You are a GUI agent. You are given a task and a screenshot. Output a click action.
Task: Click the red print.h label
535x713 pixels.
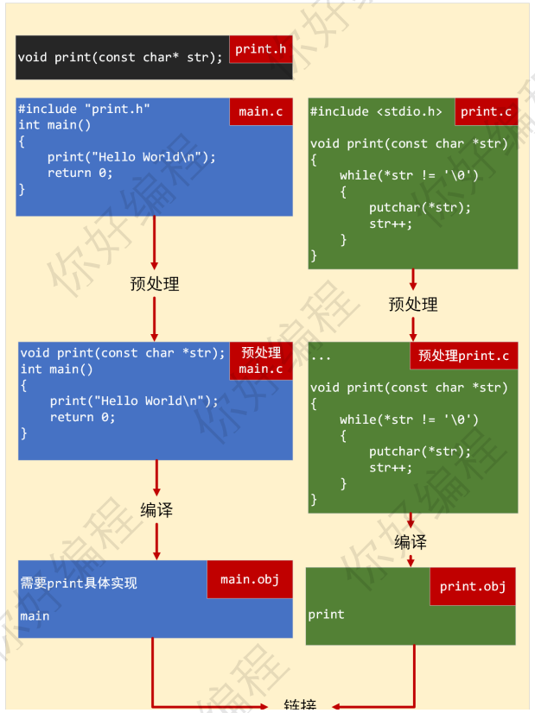point(260,49)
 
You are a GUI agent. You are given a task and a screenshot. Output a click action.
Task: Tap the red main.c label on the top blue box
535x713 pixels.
point(260,111)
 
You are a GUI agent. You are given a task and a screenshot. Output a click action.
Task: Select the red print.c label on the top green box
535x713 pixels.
point(486,111)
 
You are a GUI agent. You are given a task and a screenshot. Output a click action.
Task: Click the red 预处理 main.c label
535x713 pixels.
point(260,361)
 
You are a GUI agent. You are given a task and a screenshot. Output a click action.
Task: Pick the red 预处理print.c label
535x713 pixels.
point(463,356)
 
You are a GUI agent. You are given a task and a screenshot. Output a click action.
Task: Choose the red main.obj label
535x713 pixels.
point(250,579)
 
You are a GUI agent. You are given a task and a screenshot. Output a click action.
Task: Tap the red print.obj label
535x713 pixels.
point(472,586)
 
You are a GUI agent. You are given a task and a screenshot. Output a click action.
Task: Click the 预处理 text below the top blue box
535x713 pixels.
point(155,284)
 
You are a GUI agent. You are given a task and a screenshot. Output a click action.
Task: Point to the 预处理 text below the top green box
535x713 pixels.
point(413,305)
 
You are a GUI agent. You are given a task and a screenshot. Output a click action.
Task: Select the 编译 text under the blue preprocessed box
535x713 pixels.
point(156,510)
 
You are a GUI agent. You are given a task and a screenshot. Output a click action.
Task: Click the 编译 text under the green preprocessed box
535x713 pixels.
point(411,542)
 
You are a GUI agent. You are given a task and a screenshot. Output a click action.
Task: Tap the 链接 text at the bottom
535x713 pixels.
point(300,705)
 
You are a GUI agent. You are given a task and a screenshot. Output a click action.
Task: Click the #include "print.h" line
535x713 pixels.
point(84,109)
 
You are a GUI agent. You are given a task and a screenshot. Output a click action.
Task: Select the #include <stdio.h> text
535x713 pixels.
point(376,111)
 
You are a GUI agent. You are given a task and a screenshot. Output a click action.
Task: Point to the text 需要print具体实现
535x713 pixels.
point(79,584)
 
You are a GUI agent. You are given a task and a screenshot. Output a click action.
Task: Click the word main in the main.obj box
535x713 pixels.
point(35,616)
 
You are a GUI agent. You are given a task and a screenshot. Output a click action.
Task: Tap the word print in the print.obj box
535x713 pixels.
point(326,615)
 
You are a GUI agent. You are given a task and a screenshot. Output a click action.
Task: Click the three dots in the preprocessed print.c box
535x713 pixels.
point(320,356)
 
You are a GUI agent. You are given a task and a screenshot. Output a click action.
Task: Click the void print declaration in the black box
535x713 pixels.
point(120,58)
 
